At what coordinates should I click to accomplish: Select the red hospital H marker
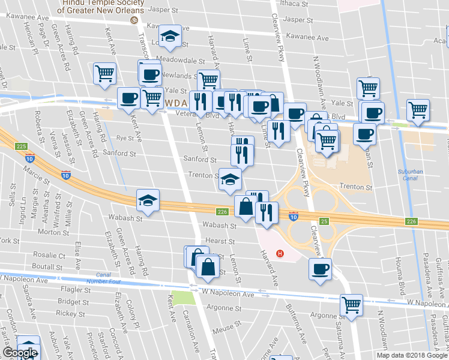pos(279,253)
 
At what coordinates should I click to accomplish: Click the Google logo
pos(20,353)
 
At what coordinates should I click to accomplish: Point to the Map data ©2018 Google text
pos(411,355)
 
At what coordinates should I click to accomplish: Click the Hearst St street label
pos(219,241)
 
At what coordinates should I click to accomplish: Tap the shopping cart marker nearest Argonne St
pos(351,304)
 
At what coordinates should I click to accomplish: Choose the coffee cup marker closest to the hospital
pos(321,268)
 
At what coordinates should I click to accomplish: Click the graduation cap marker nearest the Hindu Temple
pos(171,37)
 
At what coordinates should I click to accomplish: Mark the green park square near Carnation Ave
pos(183,297)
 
